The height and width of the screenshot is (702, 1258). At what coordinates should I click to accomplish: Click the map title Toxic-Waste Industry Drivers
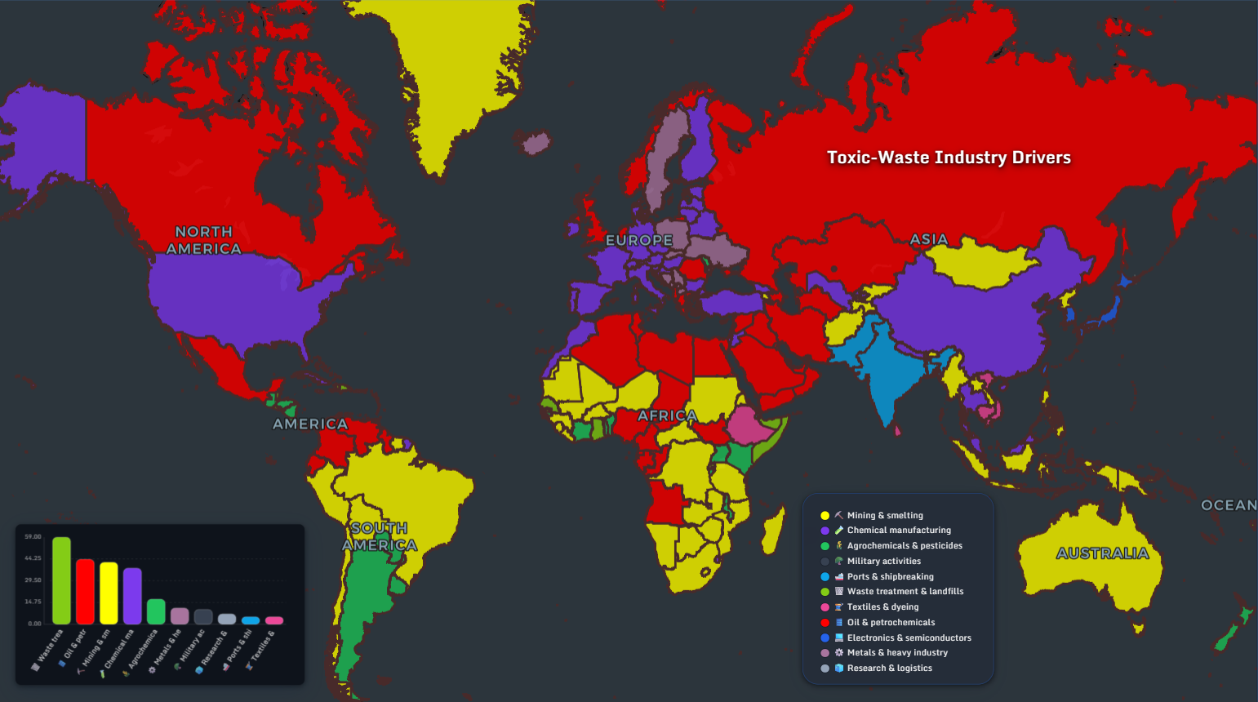[949, 158]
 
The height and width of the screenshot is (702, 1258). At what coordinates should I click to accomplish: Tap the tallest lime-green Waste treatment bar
[61, 580]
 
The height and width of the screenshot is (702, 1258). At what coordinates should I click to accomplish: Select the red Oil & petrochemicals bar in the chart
[85, 592]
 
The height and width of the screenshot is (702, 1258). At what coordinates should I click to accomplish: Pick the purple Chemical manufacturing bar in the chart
[132, 596]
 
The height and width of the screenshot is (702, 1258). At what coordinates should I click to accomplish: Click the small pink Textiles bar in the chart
[274, 620]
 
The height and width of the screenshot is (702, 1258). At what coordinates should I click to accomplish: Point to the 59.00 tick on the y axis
[33, 537]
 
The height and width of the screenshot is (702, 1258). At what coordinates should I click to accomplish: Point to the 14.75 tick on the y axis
[33, 602]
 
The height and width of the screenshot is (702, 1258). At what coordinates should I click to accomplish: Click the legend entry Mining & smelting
[885, 515]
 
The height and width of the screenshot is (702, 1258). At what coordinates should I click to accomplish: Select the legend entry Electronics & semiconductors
[909, 638]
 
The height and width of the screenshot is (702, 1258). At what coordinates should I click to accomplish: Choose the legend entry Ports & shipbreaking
[890, 576]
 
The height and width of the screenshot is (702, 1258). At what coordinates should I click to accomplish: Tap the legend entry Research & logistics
[889, 668]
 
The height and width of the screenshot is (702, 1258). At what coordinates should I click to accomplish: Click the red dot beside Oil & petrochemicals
[825, 622]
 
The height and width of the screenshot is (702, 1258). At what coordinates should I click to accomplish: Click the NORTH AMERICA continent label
[204, 240]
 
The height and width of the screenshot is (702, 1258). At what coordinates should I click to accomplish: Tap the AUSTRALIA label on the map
[1102, 553]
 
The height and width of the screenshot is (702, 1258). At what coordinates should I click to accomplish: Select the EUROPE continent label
[639, 240]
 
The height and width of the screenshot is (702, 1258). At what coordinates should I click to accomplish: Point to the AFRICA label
[668, 415]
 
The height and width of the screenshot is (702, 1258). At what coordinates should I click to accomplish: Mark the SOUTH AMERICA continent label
[380, 536]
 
